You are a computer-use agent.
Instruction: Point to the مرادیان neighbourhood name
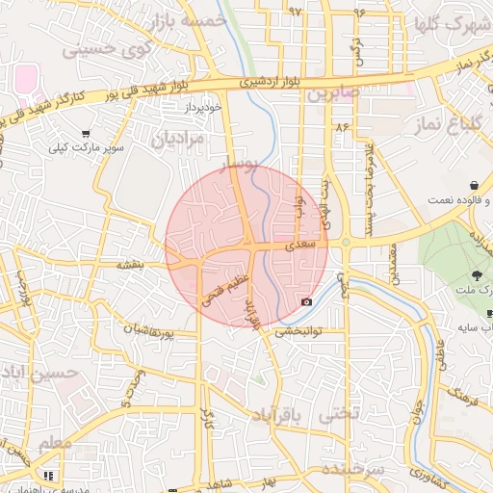coord(179,140)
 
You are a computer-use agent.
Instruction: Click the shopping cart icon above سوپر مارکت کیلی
coord(86,135)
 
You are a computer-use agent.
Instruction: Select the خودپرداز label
coord(204,107)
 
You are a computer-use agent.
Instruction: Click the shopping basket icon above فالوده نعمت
coord(474,185)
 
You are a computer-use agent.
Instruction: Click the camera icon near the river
coord(306,301)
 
